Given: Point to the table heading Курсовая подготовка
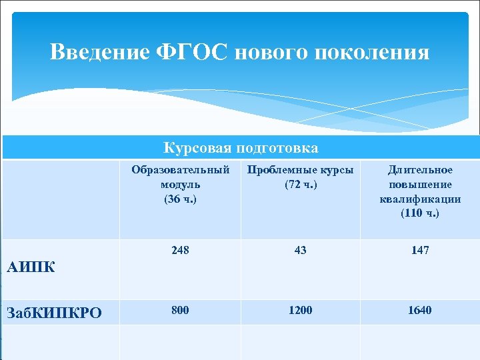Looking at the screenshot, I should [x=241, y=147].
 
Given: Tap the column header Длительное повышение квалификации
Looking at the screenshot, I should [x=420, y=184].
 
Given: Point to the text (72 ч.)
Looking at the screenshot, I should [x=301, y=184].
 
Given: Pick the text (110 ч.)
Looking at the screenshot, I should [x=420, y=213].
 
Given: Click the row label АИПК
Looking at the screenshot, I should [x=30, y=268].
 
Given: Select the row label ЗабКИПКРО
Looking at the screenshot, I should [x=53, y=311].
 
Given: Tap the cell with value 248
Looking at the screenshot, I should [x=180, y=250].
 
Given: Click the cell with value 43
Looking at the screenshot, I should [x=301, y=250].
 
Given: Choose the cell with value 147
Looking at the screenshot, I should [x=420, y=250].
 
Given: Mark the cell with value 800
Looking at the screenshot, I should [x=180, y=310].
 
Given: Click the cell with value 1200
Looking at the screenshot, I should [x=301, y=310].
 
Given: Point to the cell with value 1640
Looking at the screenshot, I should [x=420, y=310].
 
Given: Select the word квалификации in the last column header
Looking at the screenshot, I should [x=420, y=199].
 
